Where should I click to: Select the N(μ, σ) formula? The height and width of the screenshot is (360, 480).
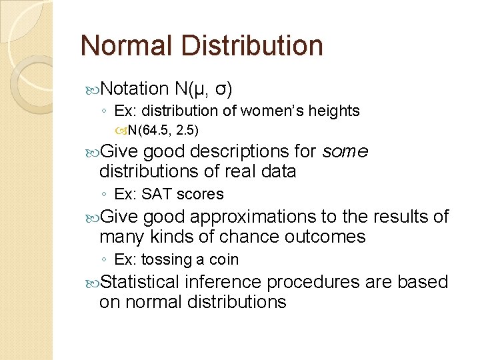coord(203,88)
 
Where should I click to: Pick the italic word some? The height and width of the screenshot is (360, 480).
coord(344,151)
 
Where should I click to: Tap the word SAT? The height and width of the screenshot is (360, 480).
coord(160,194)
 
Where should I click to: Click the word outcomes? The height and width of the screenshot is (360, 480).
coord(327,237)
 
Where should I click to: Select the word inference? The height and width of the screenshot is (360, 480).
coord(222,282)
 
